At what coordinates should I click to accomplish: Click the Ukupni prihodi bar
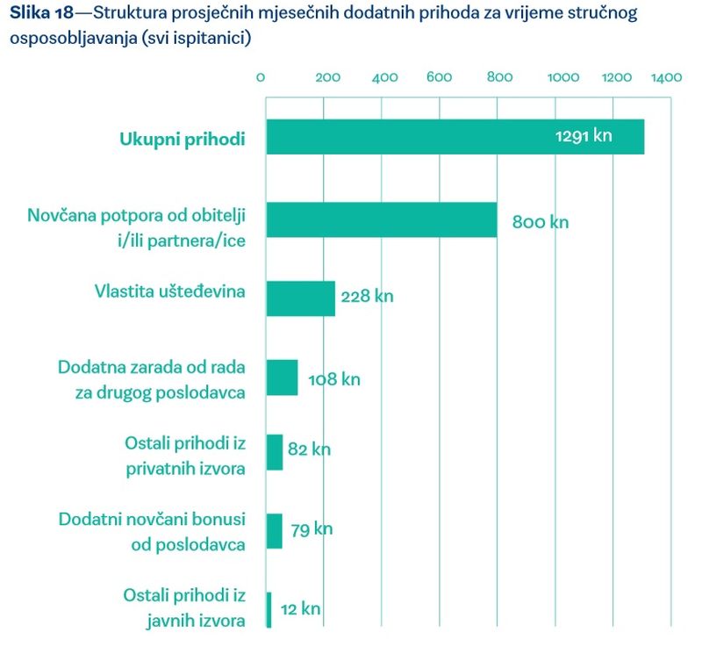[455, 137]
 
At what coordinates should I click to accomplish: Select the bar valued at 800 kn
[381, 220]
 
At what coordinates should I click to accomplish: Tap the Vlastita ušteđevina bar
[300, 298]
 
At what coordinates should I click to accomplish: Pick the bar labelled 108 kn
[282, 377]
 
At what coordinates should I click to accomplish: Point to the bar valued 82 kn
[274, 452]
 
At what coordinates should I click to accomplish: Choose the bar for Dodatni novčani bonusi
[274, 531]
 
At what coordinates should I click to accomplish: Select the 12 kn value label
[300, 608]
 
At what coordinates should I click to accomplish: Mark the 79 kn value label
[312, 529]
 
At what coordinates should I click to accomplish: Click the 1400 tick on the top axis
[666, 77]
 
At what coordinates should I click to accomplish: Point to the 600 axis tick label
[439, 77]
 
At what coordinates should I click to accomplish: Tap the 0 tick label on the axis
[261, 77]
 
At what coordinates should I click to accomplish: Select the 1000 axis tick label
[562, 77]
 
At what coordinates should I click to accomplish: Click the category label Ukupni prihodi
[182, 138]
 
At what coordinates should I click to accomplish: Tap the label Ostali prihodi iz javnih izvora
[184, 607]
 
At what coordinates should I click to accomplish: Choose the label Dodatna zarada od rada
[151, 367]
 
